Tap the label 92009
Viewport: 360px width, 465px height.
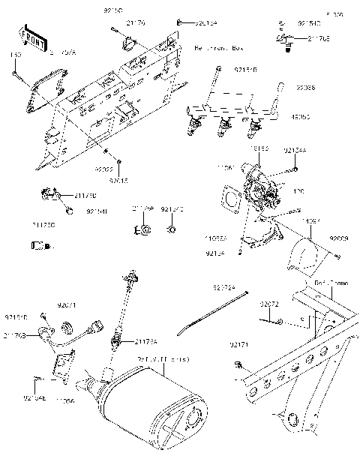click(x=340, y=238)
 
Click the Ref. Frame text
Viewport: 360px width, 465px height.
click(x=328, y=283)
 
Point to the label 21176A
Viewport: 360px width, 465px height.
click(x=147, y=342)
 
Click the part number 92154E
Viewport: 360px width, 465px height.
click(x=34, y=397)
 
